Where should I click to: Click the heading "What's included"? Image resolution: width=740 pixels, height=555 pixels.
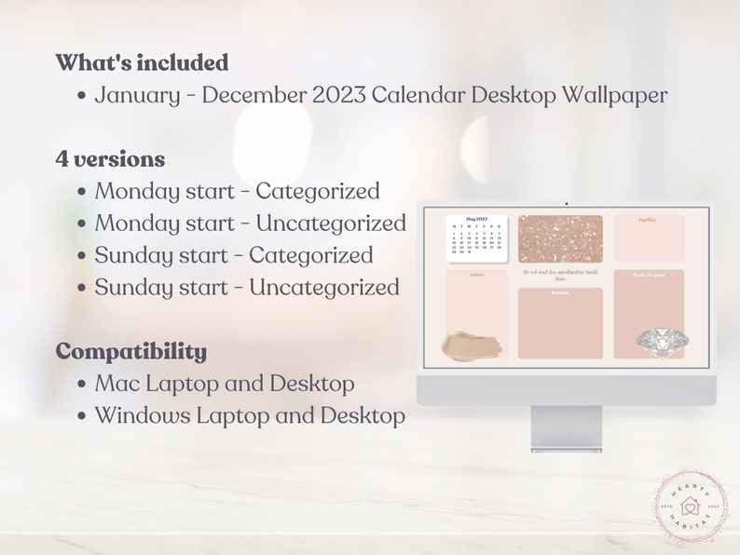coord(142,63)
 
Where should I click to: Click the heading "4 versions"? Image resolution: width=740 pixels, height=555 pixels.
coord(110,159)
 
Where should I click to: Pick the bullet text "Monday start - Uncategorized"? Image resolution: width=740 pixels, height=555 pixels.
coord(250,223)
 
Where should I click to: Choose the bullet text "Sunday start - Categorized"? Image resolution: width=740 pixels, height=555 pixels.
coord(233,255)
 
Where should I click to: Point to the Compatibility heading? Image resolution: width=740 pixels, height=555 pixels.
coord(131,351)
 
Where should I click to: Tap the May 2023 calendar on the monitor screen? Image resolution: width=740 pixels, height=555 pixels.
coord(476,237)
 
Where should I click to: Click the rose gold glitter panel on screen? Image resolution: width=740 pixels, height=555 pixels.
coord(560,238)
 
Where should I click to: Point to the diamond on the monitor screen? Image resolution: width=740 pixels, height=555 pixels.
coord(660,345)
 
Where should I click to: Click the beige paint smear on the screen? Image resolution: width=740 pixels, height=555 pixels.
coord(472,345)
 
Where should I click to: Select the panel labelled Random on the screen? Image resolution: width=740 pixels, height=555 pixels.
coord(560,324)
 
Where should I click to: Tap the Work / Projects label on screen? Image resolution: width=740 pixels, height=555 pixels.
coord(649,276)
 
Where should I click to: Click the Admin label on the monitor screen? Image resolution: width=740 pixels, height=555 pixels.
coord(476,276)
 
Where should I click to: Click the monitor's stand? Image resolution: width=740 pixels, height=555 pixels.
coord(566,428)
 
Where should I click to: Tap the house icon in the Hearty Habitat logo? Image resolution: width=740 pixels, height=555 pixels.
coord(691,508)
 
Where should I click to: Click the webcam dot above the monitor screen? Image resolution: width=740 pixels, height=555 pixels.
coord(566,202)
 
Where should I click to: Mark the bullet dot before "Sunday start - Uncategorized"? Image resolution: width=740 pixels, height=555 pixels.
coord(82,288)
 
